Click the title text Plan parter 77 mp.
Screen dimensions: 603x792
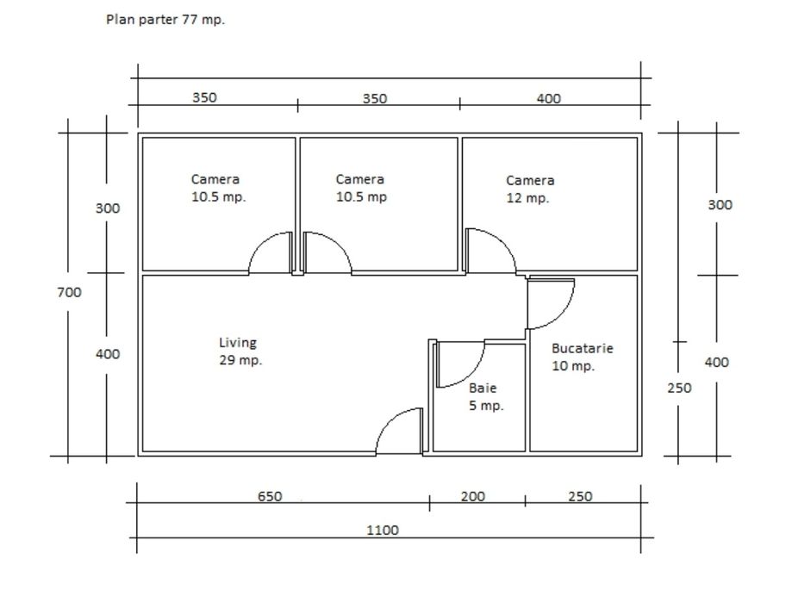[165, 20]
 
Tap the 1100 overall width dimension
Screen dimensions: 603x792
[382, 531]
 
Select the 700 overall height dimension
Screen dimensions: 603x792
[69, 292]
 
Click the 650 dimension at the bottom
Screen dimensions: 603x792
[270, 496]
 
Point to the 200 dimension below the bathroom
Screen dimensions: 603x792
[472, 496]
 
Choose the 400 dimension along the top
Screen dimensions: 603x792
[548, 98]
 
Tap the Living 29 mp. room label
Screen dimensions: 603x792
[240, 351]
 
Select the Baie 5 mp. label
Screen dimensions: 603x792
[485, 397]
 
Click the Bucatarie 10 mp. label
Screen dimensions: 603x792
[582, 357]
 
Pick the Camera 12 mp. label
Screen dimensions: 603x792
[529, 190]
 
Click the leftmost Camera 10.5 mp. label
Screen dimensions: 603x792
[217, 188]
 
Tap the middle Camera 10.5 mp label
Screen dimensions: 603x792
[360, 188]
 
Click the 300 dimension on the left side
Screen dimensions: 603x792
[107, 208]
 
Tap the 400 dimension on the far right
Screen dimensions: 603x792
[716, 363]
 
